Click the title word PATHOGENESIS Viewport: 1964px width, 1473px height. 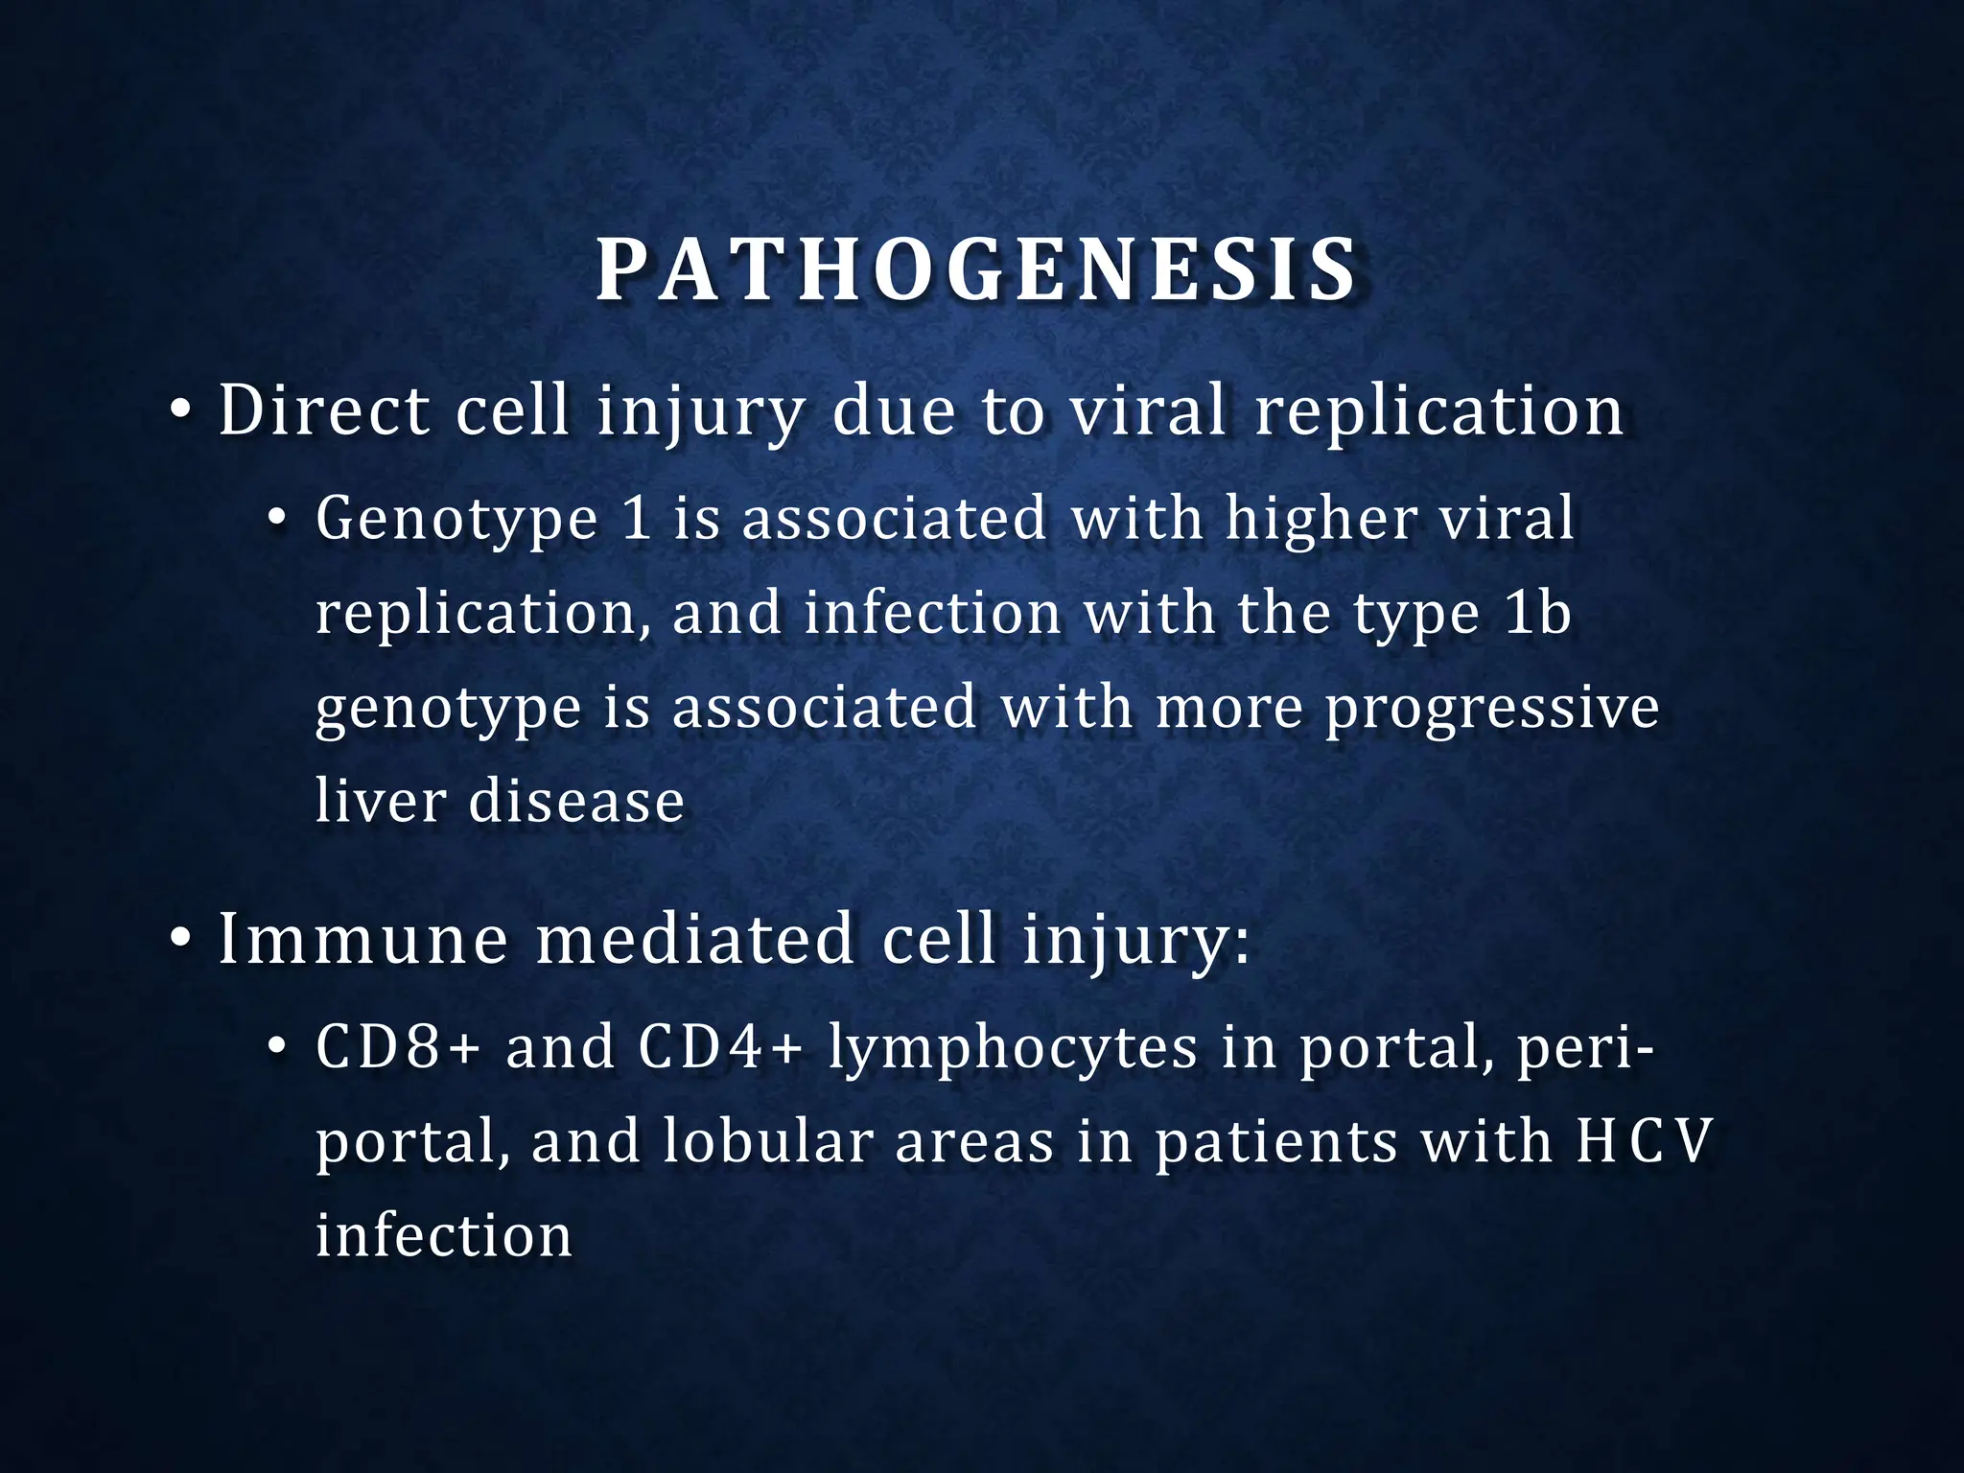[976, 271]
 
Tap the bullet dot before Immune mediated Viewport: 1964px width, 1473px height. [179, 940]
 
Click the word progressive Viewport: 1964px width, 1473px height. [1492, 709]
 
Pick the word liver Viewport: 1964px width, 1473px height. [379, 801]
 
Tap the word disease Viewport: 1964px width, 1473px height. [576, 801]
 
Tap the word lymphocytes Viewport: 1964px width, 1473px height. [1013, 1048]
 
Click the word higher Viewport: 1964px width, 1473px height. [1321, 521]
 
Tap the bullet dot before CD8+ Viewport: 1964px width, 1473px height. [276, 1048]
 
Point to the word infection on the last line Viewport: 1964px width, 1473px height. [444, 1235]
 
